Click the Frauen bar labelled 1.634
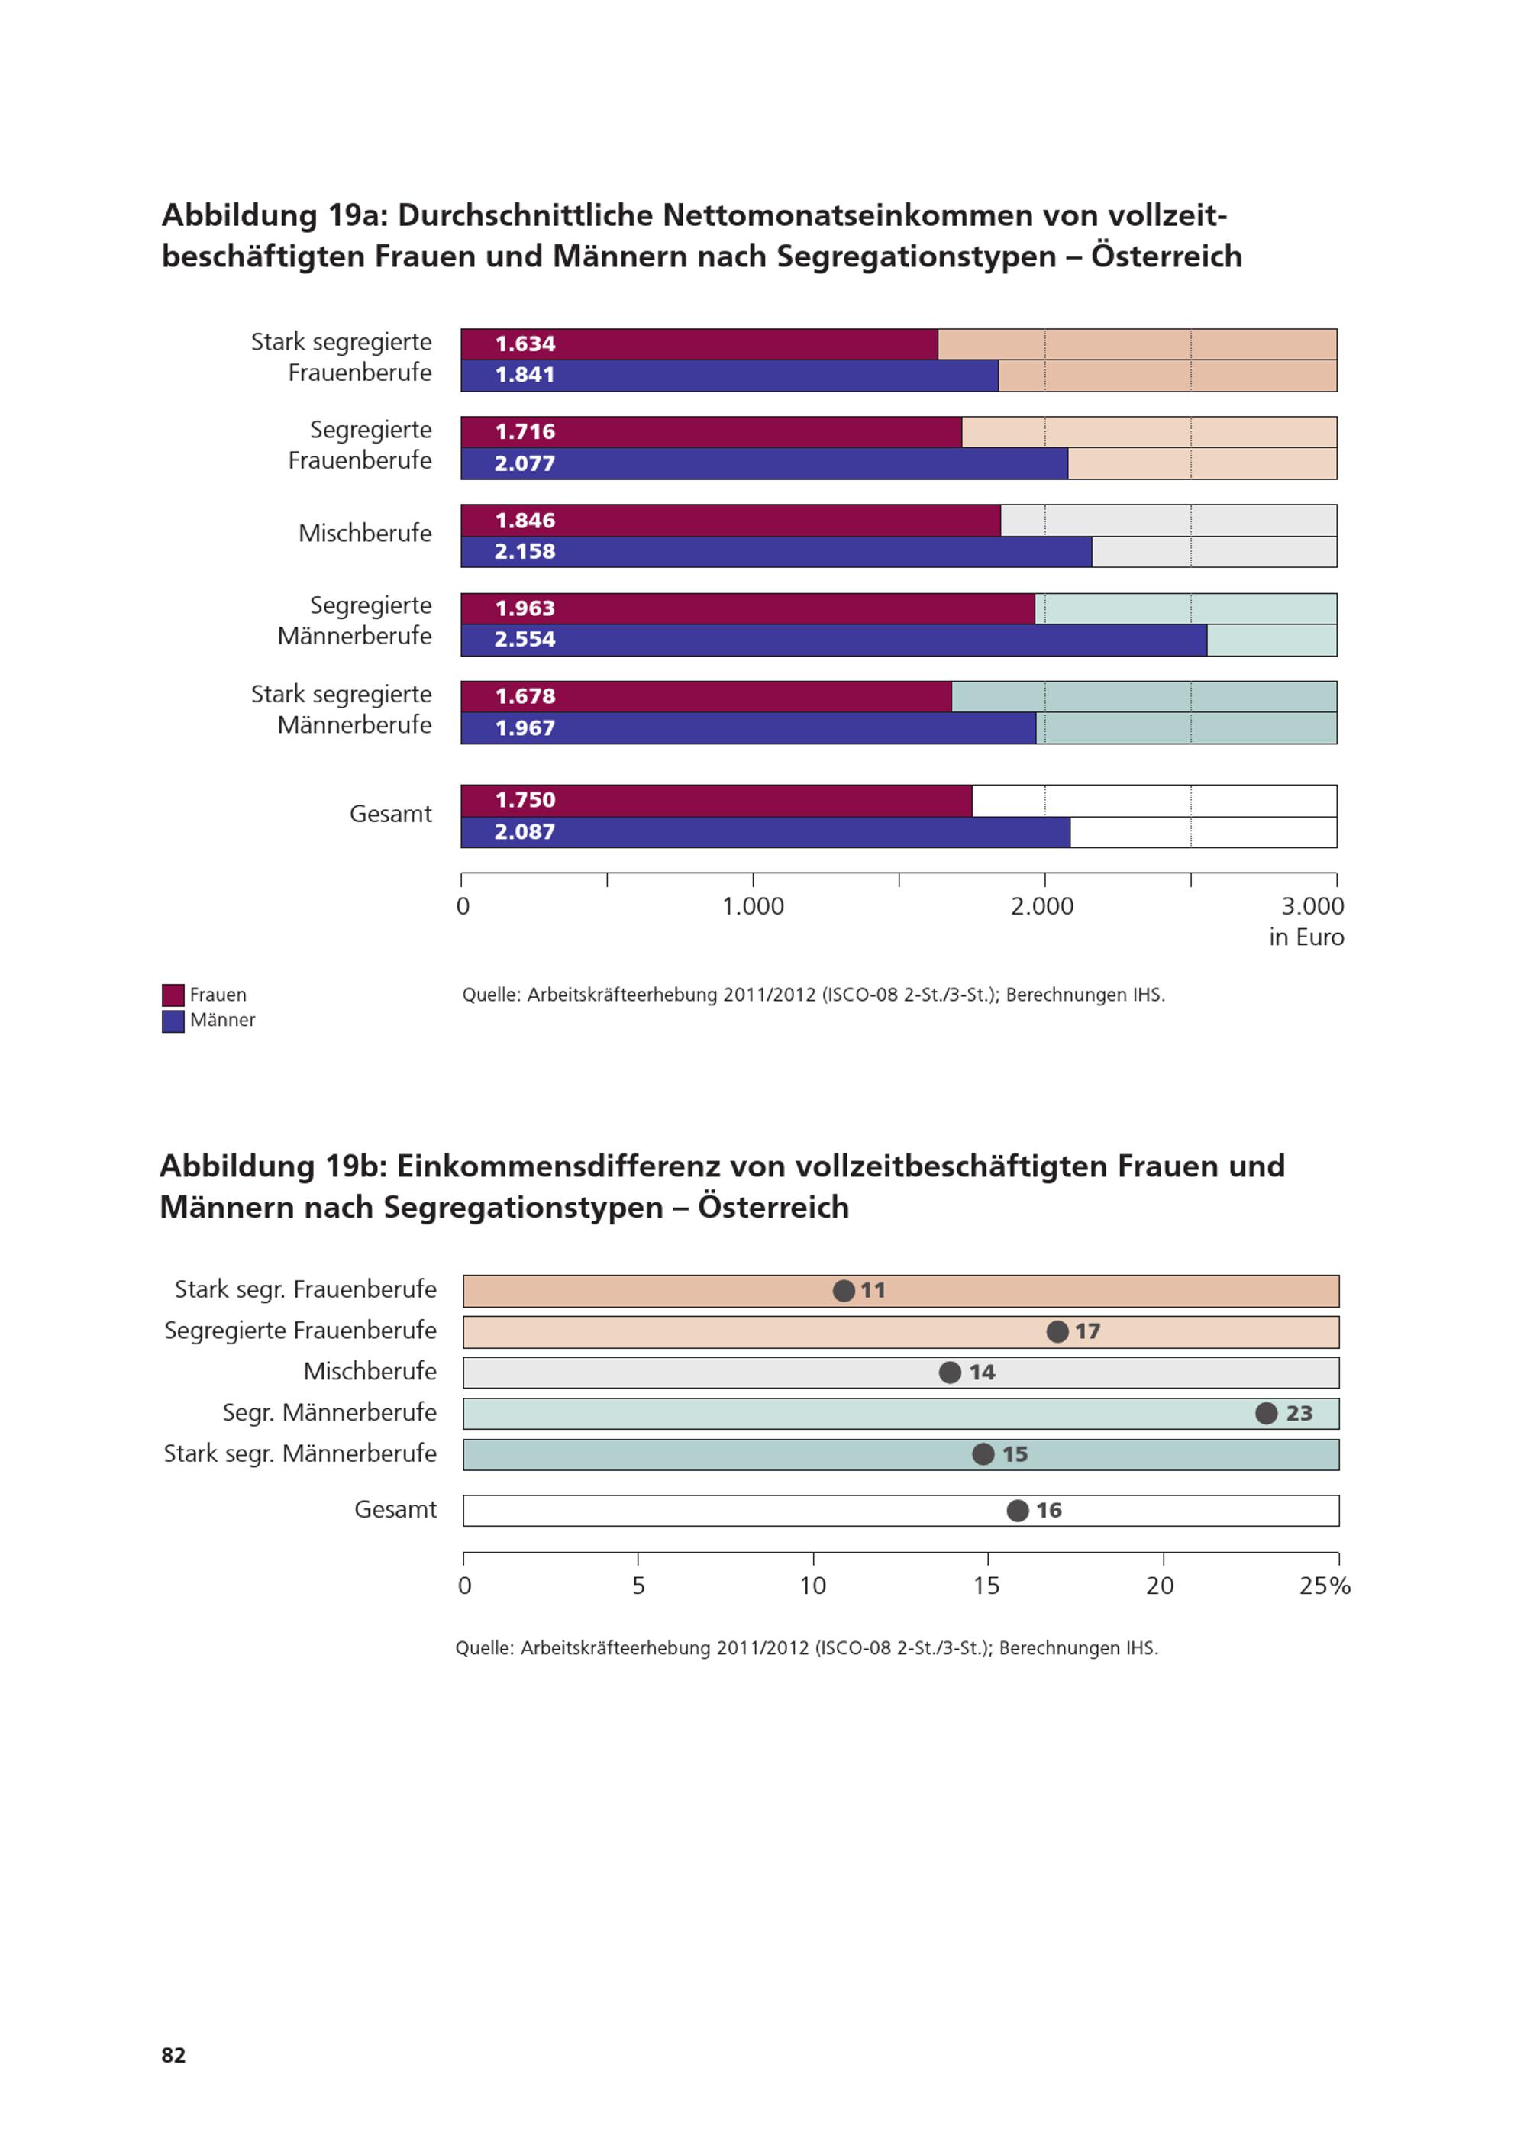699,344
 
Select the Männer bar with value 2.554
834,640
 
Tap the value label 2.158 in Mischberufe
525,552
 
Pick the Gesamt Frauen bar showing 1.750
716,801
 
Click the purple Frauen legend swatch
173,995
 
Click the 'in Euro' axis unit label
1306,937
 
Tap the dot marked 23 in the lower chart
1267,1413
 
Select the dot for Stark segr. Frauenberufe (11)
844,1291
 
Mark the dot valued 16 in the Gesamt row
1018,1511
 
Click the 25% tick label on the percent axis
1325,1586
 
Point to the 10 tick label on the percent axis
812,1586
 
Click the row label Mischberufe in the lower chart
370,1372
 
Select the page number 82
174,2055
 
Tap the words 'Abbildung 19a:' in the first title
275,215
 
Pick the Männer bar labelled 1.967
748,729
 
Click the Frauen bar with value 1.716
711,433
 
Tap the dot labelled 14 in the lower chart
950,1373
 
